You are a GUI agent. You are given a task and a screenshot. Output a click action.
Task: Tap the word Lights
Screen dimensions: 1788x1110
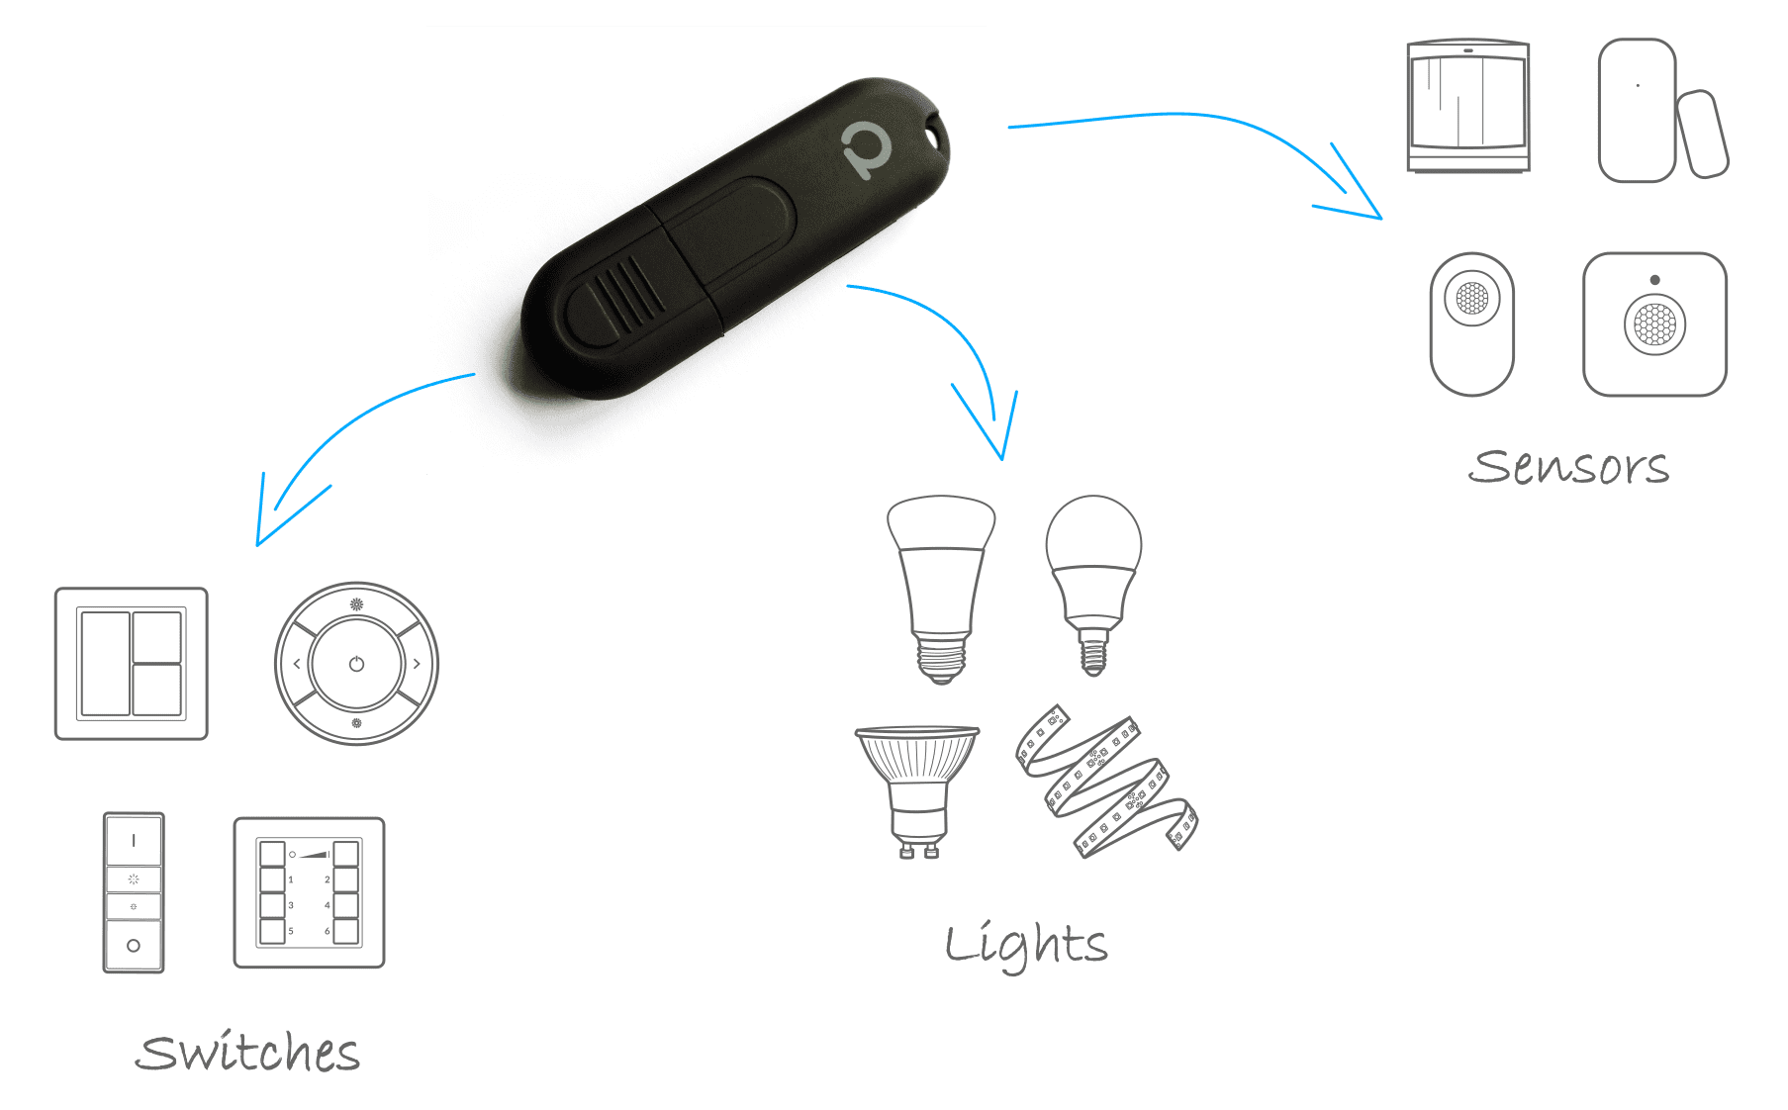click(x=1026, y=945)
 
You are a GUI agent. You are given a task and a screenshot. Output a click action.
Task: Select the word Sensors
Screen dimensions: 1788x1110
click(x=1570, y=466)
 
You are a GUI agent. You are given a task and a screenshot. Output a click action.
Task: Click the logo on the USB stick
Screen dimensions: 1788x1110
click(x=866, y=150)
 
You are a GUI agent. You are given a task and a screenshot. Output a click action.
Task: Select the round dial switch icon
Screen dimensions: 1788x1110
click(x=356, y=664)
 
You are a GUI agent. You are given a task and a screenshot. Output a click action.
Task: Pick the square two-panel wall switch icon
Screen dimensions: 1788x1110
click(x=132, y=664)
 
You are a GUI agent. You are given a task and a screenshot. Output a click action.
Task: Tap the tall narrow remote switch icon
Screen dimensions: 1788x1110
click(x=134, y=892)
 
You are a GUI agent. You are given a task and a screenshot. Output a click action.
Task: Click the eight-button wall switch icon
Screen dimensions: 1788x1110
click(x=309, y=892)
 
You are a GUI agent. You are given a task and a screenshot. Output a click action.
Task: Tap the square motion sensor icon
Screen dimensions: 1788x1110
click(x=1655, y=324)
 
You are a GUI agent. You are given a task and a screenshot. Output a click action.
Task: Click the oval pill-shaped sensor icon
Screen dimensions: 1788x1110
click(x=1472, y=323)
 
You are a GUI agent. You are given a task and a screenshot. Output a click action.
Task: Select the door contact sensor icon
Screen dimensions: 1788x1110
click(x=1660, y=111)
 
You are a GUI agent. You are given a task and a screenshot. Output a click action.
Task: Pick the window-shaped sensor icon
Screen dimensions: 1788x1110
click(x=1468, y=107)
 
